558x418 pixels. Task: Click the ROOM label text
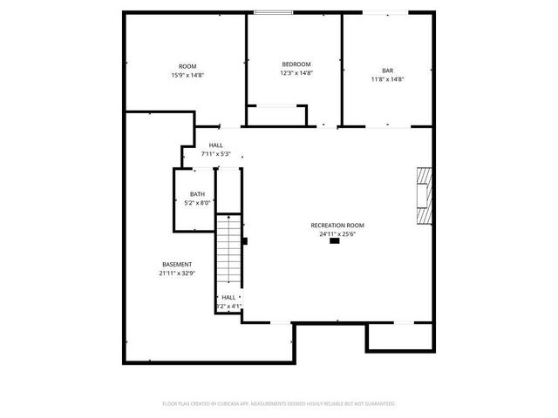point(187,67)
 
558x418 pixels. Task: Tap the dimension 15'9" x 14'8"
point(187,76)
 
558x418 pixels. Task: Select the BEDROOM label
point(296,64)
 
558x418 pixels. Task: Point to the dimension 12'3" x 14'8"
point(296,73)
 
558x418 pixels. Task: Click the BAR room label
point(387,71)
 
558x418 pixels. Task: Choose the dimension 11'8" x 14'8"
point(387,79)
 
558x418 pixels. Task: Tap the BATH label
point(198,194)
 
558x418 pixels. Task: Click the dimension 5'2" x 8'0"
point(198,203)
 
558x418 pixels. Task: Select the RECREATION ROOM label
point(337,225)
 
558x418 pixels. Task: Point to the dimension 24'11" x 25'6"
point(337,233)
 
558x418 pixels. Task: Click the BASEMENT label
point(177,264)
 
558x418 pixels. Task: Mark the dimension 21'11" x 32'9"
point(177,273)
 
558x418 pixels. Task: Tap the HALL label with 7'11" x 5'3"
point(215,145)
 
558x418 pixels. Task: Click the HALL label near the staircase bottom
point(228,297)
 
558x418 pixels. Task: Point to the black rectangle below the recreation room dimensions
point(335,242)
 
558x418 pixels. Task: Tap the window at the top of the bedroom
point(272,12)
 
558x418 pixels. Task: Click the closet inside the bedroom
point(276,115)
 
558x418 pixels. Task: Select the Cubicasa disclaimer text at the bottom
point(279,403)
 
